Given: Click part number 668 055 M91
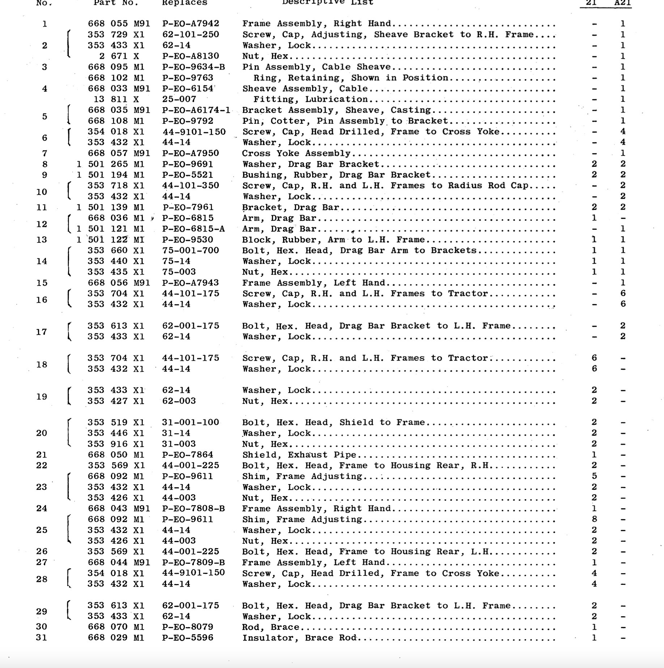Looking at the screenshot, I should pyautogui.click(x=119, y=24).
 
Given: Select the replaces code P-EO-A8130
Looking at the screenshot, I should pyautogui.click(x=191, y=56).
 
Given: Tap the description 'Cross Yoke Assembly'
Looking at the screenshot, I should pyautogui.click(x=296, y=153).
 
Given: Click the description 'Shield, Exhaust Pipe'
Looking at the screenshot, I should pyautogui.click(x=299, y=455).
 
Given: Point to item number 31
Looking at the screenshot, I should pyautogui.click(x=42, y=638).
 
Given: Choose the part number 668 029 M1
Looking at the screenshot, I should pyautogui.click(x=116, y=638).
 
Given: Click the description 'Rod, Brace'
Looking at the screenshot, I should pyautogui.click(x=271, y=627).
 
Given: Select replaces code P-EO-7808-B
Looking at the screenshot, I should pyautogui.click(x=193, y=509).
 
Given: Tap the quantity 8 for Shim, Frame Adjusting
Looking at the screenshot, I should pyautogui.click(x=594, y=519).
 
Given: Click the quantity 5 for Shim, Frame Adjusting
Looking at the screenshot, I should pyautogui.click(x=594, y=476).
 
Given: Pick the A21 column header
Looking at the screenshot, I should pyautogui.click(x=623, y=3).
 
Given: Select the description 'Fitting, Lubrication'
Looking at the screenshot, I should pyautogui.click(x=310, y=100).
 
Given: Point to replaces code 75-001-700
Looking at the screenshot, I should pyautogui.click(x=191, y=250).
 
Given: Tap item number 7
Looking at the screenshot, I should pyautogui.click(x=44, y=153).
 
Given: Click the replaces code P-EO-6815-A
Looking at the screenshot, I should pyautogui.click(x=193, y=229).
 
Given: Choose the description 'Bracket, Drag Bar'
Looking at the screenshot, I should pyautogui.click(x=291, y=207).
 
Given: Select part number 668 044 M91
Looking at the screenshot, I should pyautogui.click(x=119, y=562).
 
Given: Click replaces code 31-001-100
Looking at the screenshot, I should pyautogui.click(x=191, y=422).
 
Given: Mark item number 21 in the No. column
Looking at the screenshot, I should pyautogui.click(x=42, y=455).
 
